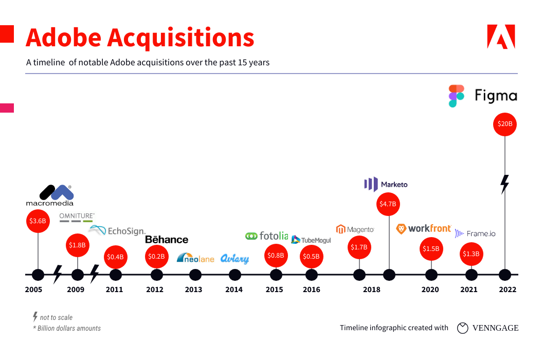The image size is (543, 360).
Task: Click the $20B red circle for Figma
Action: pos(505,124)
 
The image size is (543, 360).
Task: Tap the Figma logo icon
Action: pos(456,96)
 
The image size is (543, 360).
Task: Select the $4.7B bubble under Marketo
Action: pos(388,204)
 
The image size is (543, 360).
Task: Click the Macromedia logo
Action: pos(50,195)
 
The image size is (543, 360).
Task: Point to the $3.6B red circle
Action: pos(38,221)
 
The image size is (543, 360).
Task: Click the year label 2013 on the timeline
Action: pos(193,290)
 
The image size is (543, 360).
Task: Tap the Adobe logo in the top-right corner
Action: pos(500,37)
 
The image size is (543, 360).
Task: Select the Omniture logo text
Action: pos(77,216)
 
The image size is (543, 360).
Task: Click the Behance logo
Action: pos(167,240)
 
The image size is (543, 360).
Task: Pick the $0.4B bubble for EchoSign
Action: pos(116,256)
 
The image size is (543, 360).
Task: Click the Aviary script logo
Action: pos(234,259)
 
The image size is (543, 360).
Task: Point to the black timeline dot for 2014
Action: pos(234,275)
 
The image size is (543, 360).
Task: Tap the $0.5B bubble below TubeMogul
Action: pos(311,256)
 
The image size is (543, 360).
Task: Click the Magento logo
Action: pos(355,229)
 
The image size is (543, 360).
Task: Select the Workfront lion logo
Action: pos(402,228)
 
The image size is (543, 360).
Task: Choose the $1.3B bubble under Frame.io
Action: pos(470,253)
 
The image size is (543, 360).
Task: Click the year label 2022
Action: pos(507,290)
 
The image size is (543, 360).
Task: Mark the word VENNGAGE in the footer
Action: pos(495,328)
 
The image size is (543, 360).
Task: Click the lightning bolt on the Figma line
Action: pos(505,184)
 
